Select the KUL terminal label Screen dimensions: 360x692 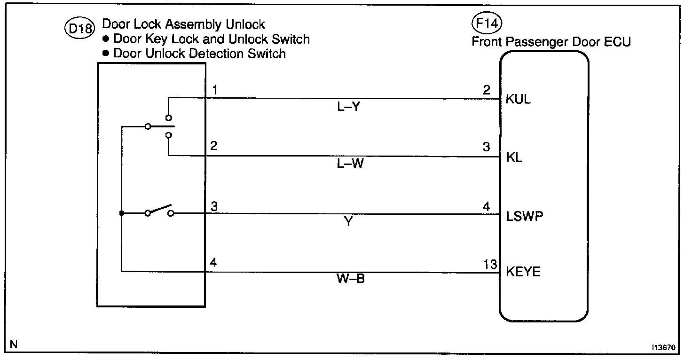[518, 100]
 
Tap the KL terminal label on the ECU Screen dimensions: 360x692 [514, 157]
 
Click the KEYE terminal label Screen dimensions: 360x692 [523, 273]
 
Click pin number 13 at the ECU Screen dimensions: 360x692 [490, 265]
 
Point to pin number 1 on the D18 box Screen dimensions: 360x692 [214, 90]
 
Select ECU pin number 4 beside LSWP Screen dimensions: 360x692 [487, 207]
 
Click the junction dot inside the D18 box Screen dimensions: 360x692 [121, 213]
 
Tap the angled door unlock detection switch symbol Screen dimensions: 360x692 [159, 211]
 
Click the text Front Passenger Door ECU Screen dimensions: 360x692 [551, 42]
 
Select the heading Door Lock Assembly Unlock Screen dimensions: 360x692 [184, 24]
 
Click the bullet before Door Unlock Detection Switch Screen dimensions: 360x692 [106, 54]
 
